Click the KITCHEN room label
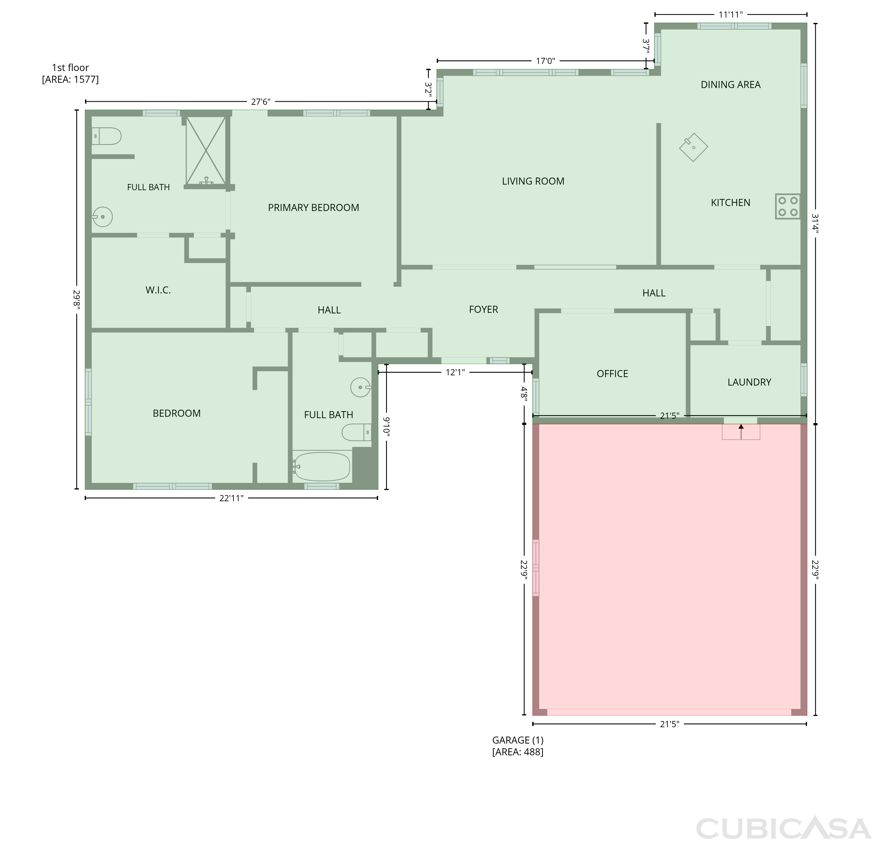pyautogui.click(x=730, y=202)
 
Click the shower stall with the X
pyautogui.click(x=206, y=151)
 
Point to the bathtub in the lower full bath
pyautogui.click(x=321, y=467)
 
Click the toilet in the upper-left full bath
pyautogui.click(x=106, y=136)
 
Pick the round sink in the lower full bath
pyautogui.click(x=361, y=387)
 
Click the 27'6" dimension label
pyautogui.click(x=261, y=102)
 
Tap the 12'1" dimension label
pyautogui.click(x=455, y=372)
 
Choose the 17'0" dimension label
pyautogui.click(x=546, y=61)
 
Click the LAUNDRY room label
pyautogui.click(x=749, y=382)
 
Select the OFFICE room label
pyautogui.click(x=612, y=374)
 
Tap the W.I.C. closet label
pyautogui.click(x=158, y=290)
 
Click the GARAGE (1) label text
pyautogui.click(x=518, y=740)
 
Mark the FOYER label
pyautogui.click(x=483, y=309)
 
